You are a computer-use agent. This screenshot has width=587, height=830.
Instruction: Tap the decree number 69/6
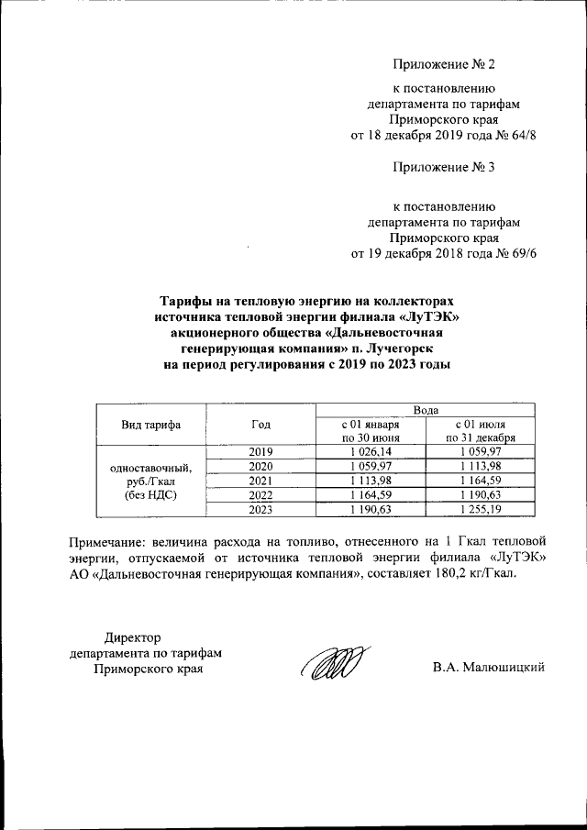point(520,254)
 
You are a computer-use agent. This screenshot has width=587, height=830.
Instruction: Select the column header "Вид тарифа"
point(150,425)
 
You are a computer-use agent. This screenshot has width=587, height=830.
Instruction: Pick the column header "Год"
point(260,425)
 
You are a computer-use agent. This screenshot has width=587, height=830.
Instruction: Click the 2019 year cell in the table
point(260,451)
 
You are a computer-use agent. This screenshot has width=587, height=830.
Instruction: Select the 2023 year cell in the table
point(260,509)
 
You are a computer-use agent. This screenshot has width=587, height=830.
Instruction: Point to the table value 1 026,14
point(370,451)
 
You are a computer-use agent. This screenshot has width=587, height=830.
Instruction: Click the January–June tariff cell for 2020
point(370,466)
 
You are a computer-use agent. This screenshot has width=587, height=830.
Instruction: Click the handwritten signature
point(336,664)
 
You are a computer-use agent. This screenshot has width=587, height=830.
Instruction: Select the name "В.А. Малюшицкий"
point(489,668)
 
